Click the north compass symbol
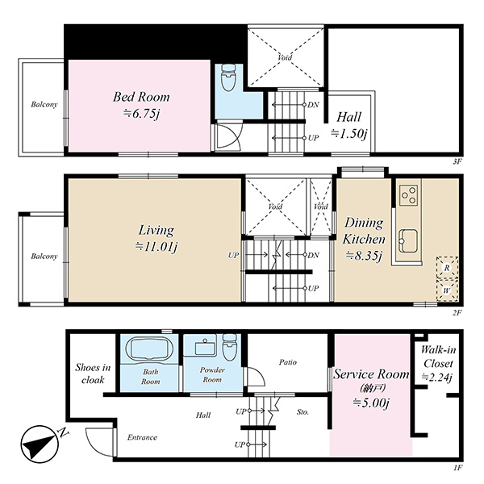pyautogui.click(x=40, y=444)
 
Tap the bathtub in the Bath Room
pyautogui.click(x=148, y=348)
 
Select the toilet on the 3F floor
pyautogui.click(x=228, y=77)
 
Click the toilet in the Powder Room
pyautogui.click(x=230, y=347)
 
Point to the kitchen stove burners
pyautogui.click(x=409, y=195)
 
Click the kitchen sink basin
pyautogui.click(x=408, y=241)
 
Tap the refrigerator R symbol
pyautogui.click(x=447, y=268)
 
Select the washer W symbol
pyautogui.click(x=447, y=290)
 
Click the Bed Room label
pyautogui.click(x=141, y=97)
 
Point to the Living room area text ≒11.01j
pyautogui.click(x=156, y=247)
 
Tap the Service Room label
pyautogui.click(x=371, y=374)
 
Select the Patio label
pyautogui.click(x=288, y=362)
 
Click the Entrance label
pyautogui.click(x=142, y=437)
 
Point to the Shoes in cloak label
pyautogui.click(x=93, y=373)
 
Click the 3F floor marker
pyautogui.click(x=457, y=161)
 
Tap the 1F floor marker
pyautogui.click(x=457, y=468)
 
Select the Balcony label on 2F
pyautogui.click(x=44, y=257)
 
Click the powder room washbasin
pyautogui.click(x=204, y=348)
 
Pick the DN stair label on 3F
pyautogui.click(x=313, y=105)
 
